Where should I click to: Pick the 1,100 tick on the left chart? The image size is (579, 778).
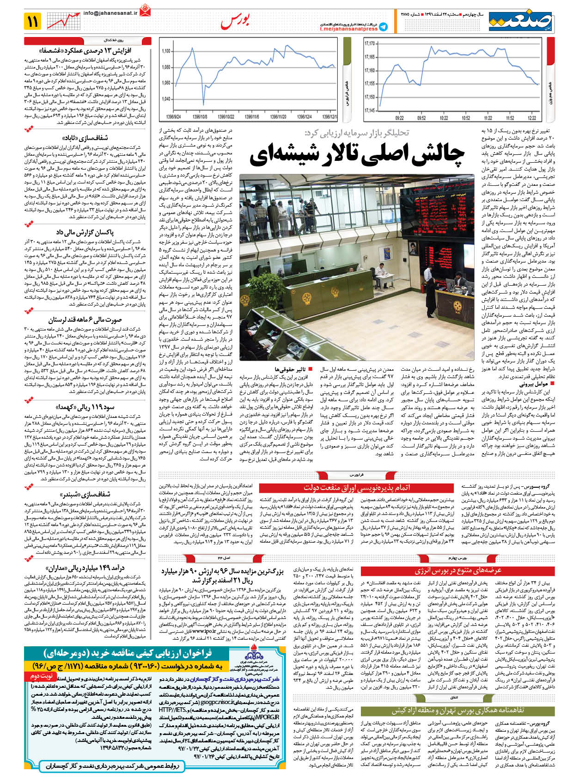[166, 51]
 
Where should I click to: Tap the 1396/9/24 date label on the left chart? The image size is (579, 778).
[173, 117]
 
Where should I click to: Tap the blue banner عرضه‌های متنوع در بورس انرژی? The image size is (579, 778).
[457, 571]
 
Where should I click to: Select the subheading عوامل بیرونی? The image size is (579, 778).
[534, 384]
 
